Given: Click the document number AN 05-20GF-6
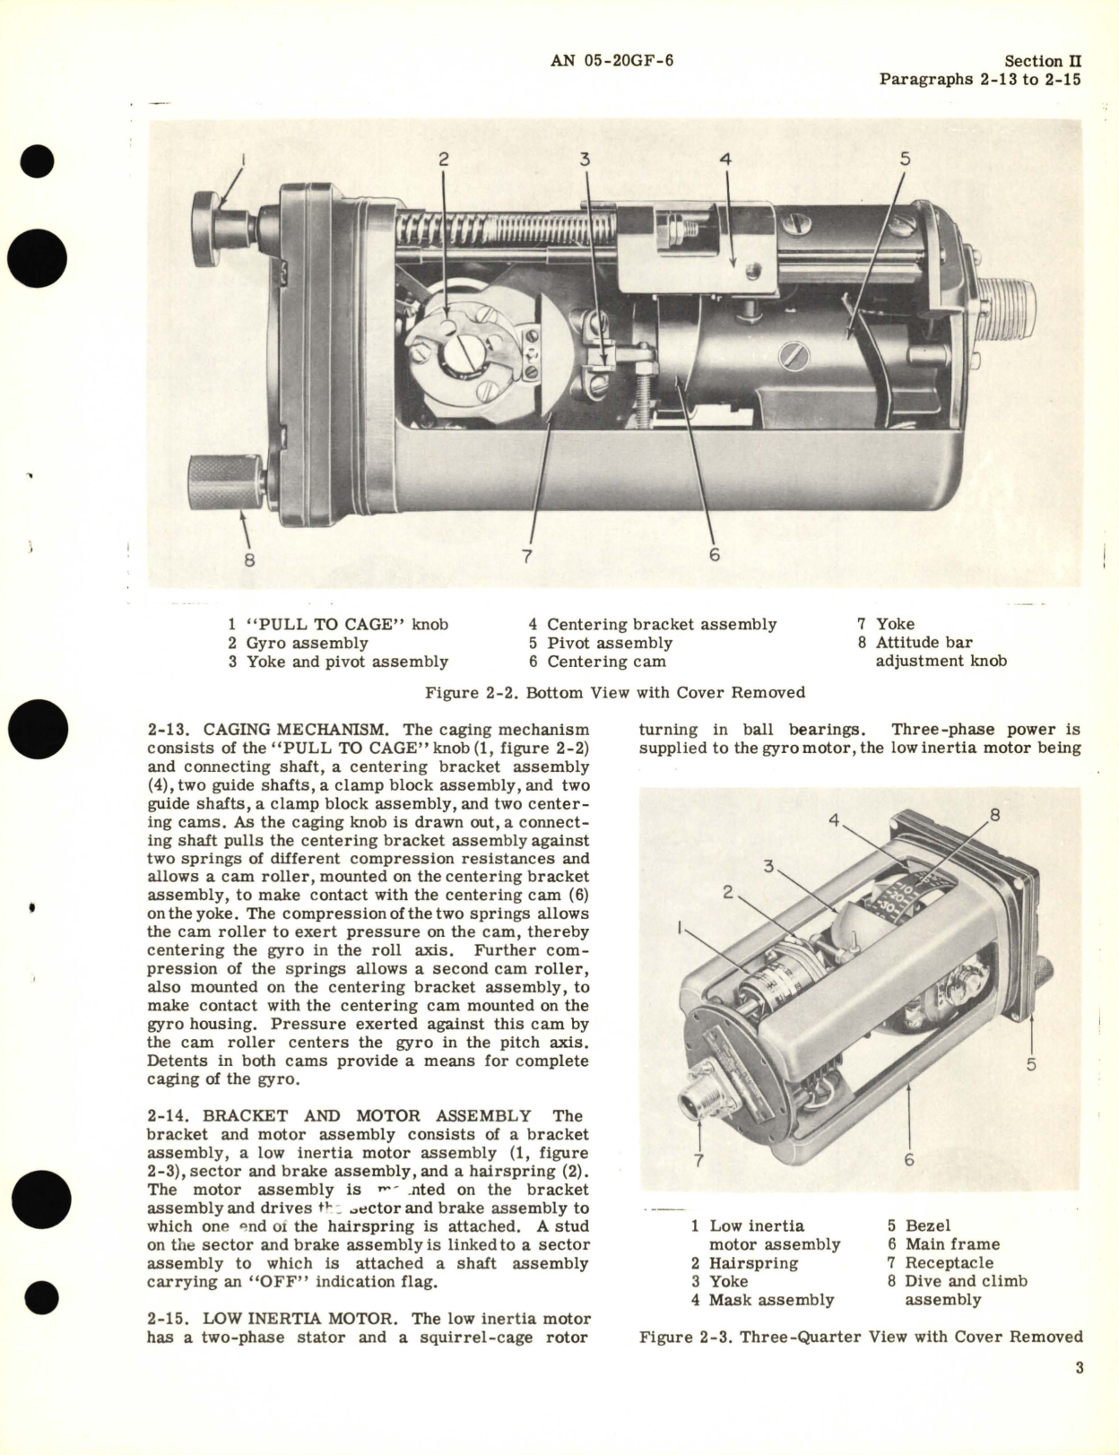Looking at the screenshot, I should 612,61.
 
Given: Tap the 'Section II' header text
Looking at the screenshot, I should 1042,61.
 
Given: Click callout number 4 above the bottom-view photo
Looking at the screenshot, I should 726,160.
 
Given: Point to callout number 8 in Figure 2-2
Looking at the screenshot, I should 249,559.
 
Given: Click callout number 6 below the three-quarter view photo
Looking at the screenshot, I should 908,1160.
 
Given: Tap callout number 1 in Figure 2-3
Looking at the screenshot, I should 682,928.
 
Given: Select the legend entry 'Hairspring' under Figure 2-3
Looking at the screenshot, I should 747,1262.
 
